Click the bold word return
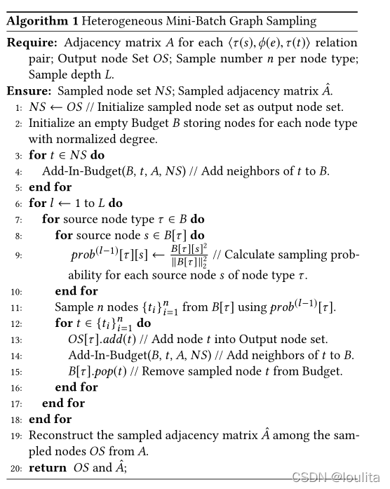tap(47, 467)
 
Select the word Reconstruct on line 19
tap(62, 435)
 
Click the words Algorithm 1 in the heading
tap(36, 20)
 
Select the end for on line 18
tap(50, 419)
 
